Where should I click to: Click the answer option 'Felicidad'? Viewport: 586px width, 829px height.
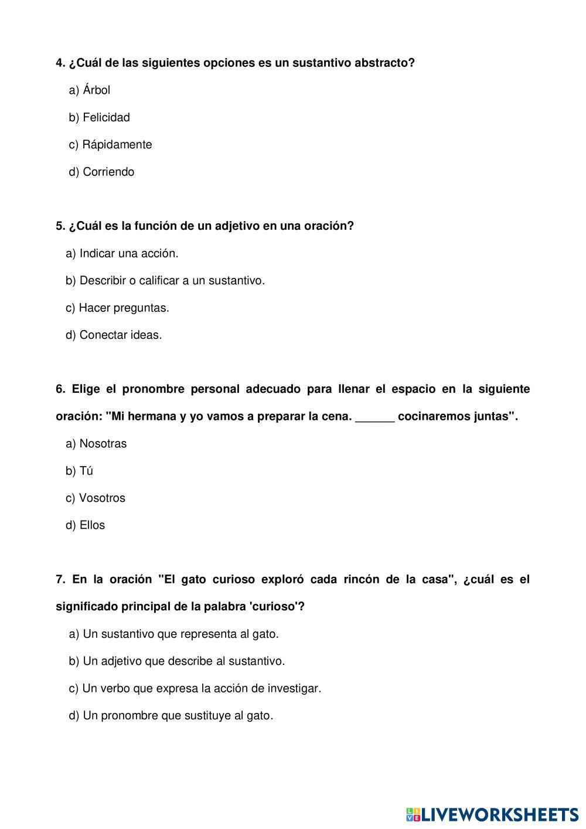(106, 117)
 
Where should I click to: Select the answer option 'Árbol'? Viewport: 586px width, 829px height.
(96, 90)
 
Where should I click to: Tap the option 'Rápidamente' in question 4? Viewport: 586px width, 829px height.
(117, 145)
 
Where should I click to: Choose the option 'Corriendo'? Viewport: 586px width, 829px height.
(108, 172)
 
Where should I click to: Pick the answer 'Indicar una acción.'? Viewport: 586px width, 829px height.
(128, 253)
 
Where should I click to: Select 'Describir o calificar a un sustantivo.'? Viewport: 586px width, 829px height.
(172, 281)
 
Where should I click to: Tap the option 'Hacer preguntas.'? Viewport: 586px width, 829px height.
(124, 308)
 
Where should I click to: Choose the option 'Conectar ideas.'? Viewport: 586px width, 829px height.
(120, 335)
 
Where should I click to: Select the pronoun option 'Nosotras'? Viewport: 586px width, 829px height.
(103, 444)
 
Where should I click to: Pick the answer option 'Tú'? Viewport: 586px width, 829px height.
(86, 471)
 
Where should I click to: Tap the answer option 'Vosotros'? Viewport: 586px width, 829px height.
(102, 498)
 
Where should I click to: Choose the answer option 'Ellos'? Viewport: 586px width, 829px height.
(92, 525)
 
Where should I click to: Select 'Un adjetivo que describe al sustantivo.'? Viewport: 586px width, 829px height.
(183, 661)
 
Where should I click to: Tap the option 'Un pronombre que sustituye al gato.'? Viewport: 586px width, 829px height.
(178, 716)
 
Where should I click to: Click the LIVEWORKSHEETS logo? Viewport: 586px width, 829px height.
(492, 814)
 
